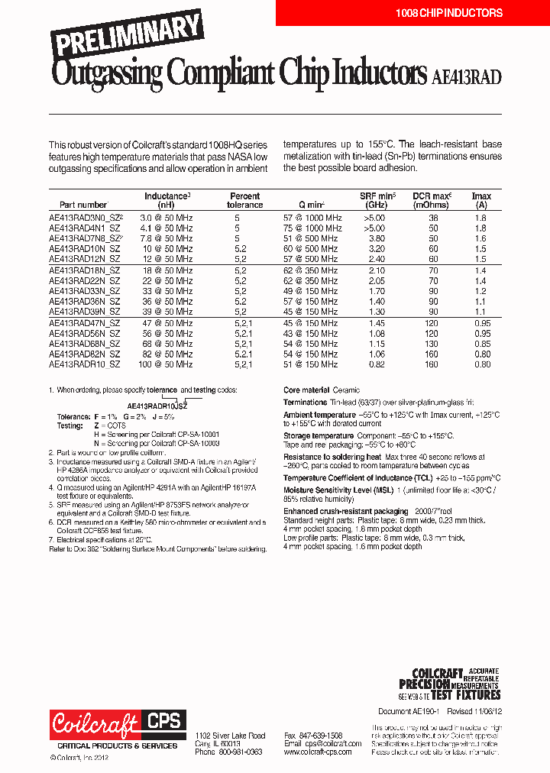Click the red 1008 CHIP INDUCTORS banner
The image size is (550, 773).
pyautogui.click(x=448, y=13)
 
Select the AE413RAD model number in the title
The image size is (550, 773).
pyautogui.click(x=466, y=76)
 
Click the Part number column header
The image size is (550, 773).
pyautogui.click(x=79, y=205)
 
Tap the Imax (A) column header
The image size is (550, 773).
pyautogui.click(x=480, y=200)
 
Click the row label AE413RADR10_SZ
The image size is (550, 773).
pyautogui.click(x=84, y=365)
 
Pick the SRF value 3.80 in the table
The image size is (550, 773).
pyautogui.click(x=373, y=238)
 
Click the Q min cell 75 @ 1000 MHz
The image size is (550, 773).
pyautogui.click(x=312, y=228)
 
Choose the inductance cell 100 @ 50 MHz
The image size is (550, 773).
pyautogui.click(x=166, y=365)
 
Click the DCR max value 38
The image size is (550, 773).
pyautogui.click(x=432, y=218)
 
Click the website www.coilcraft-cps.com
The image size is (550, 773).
pyautogui.click(x=318, y=752)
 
